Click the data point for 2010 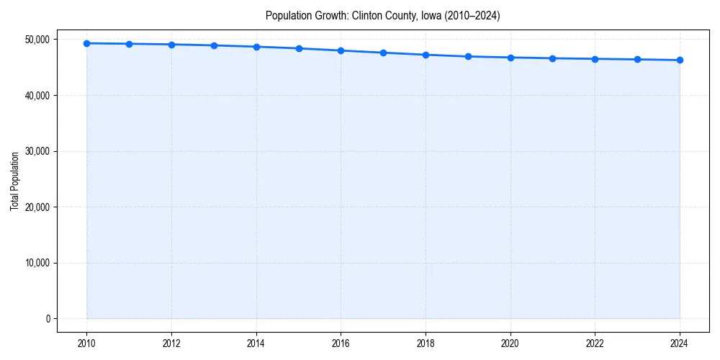click(86, 43)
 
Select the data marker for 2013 click(214, 45)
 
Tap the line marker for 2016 click(341, 50)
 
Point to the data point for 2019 click(468, 56)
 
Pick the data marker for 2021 click(552, 58)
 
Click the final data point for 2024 click(680, 60)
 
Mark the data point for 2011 click(129, 44)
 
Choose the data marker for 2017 click(383, 53)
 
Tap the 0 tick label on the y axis click(48, 319)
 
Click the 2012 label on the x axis click(171, 343)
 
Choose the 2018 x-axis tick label click(426, 343)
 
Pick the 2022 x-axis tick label click(595, 343)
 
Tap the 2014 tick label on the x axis click(256, 343)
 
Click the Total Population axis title click(14, 181)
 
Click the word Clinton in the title click(366, 15)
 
